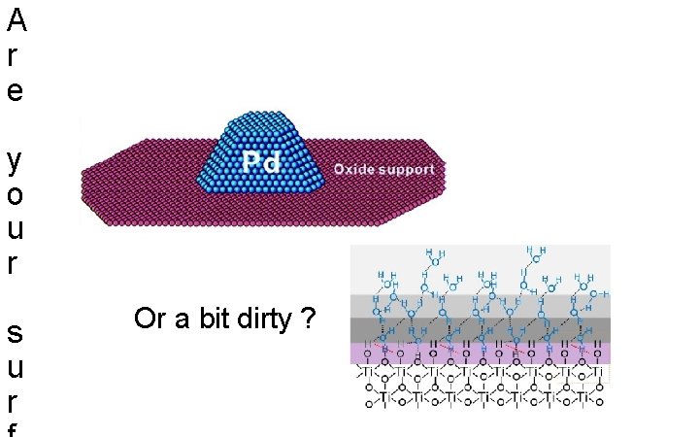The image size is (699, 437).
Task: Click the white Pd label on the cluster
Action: coord(259,162)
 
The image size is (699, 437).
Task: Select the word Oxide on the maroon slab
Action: coord(353,169)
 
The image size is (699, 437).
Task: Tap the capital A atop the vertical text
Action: coord(16,21)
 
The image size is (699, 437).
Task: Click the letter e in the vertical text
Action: coord(15,92)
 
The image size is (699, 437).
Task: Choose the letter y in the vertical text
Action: coord(15,160)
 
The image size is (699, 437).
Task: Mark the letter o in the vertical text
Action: coord(15,194)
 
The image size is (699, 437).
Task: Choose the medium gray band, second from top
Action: coord(481,306)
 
